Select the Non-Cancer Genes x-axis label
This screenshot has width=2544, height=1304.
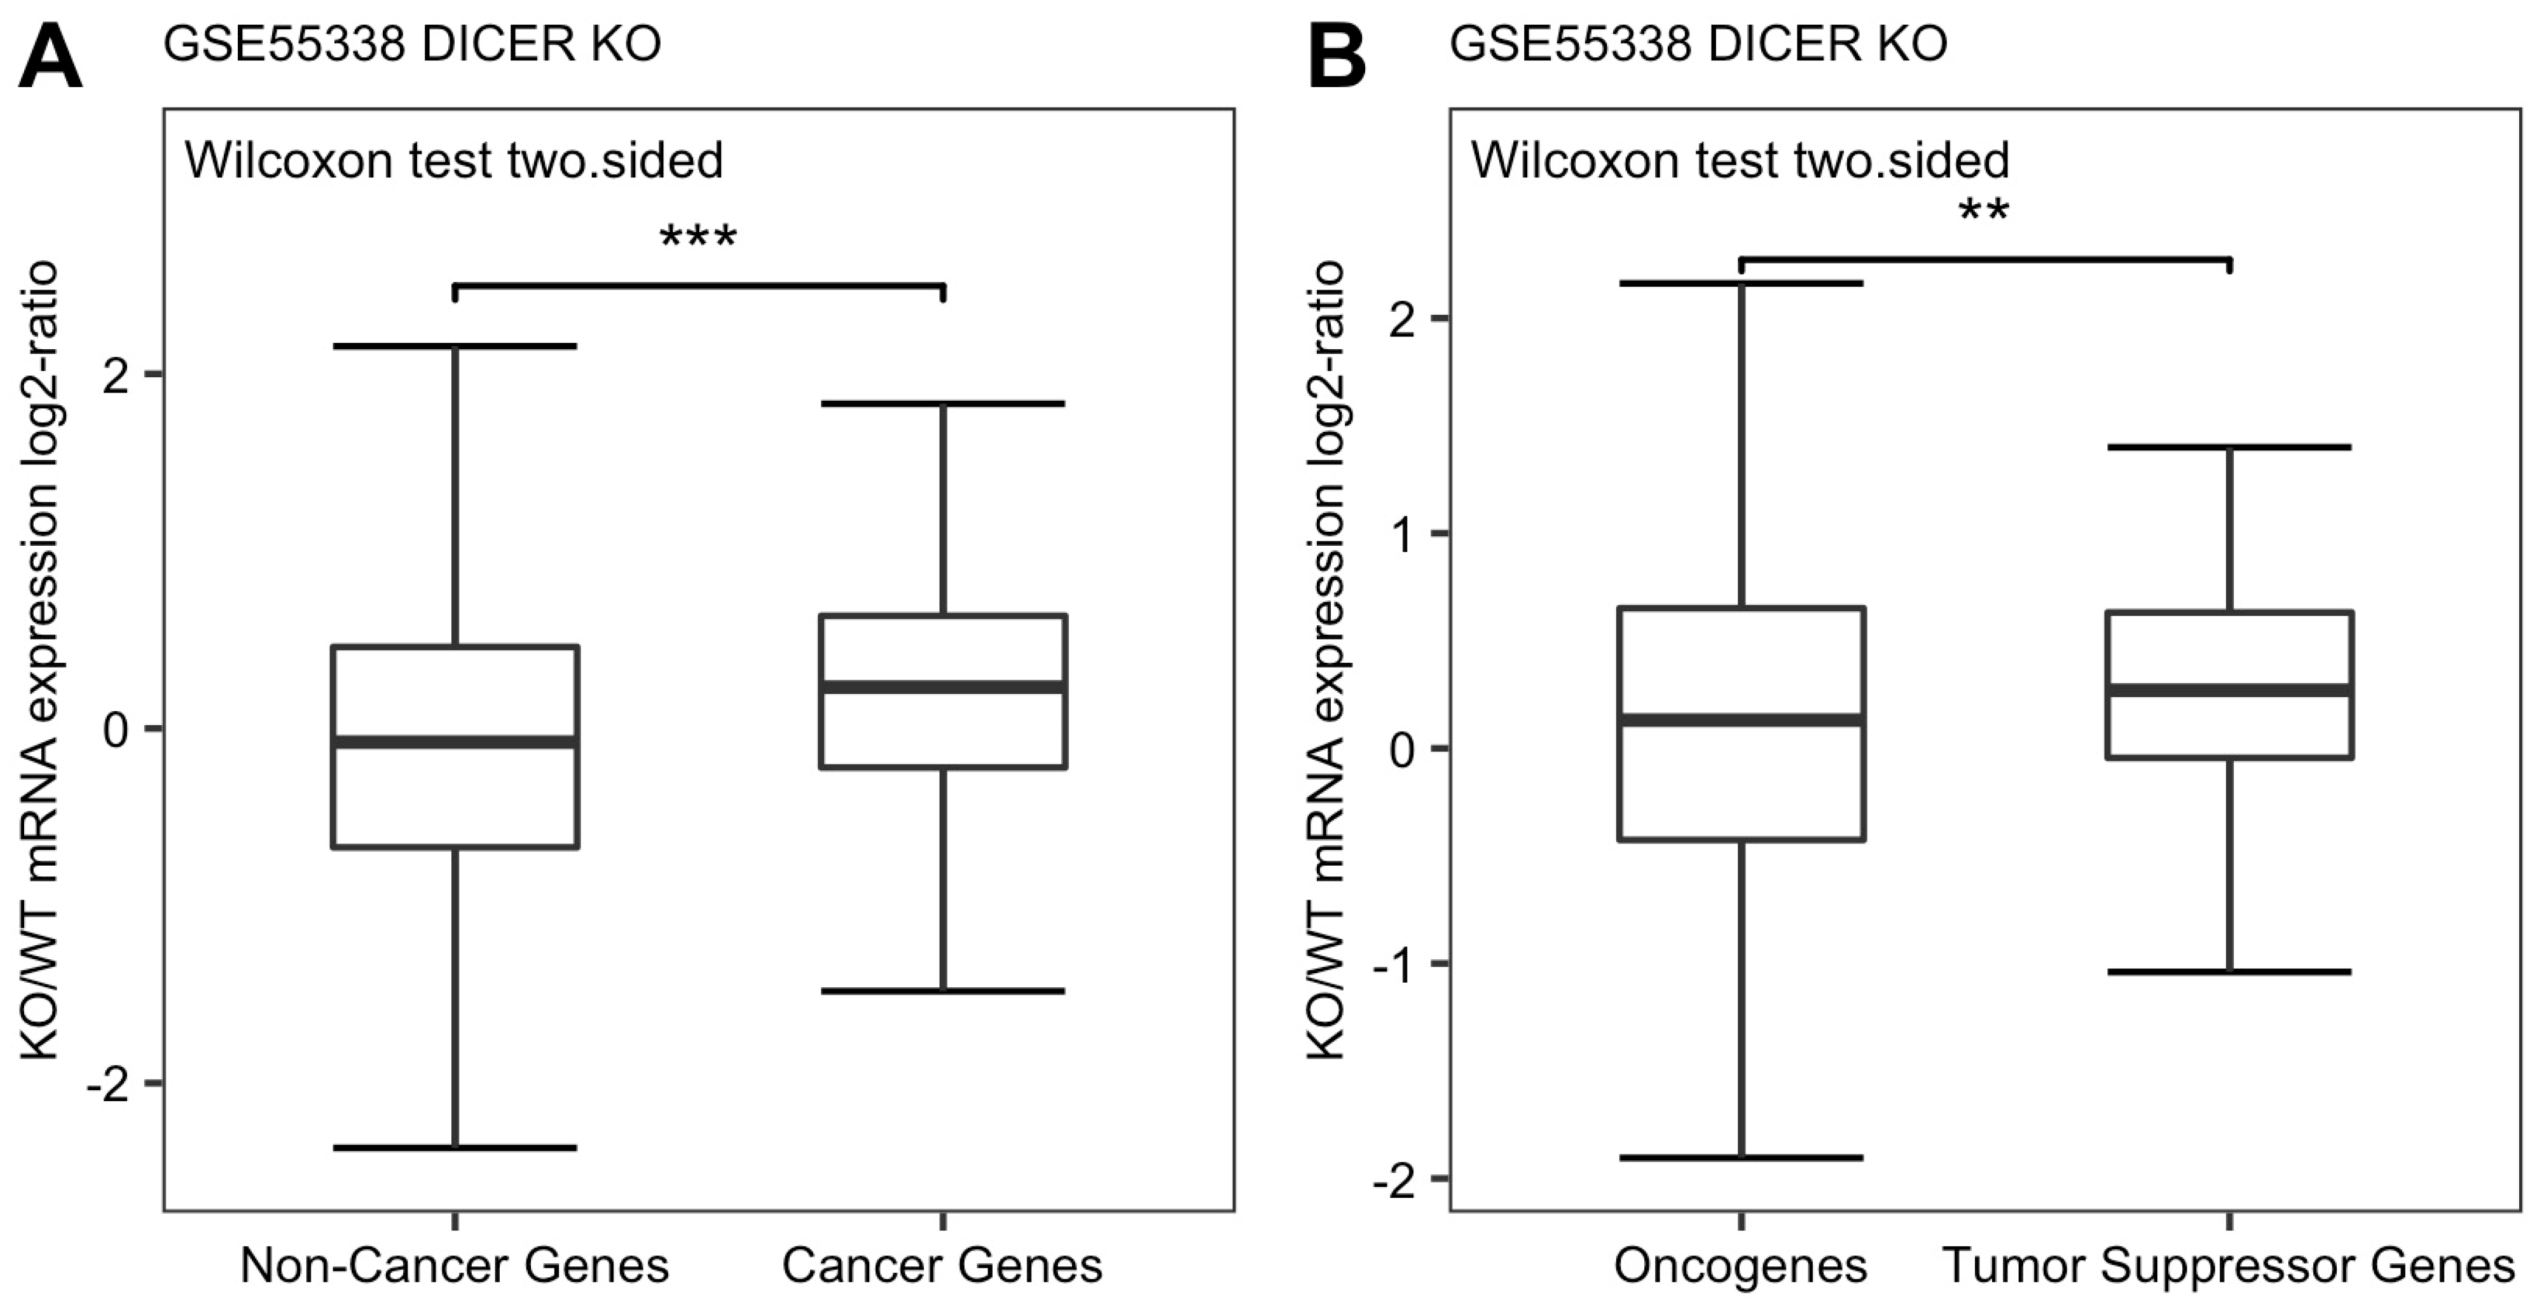pos(454,1265)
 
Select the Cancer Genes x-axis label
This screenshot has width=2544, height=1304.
pos(942,1265)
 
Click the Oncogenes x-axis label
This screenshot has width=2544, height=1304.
pos(1740,1265)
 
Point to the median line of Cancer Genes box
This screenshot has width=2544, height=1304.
pos(943,686)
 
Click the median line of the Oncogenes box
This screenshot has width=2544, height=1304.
pos(1741,719)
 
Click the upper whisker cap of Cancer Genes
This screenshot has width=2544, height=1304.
pos(943,404)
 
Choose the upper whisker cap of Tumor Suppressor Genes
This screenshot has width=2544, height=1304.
pos(2230,448)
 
